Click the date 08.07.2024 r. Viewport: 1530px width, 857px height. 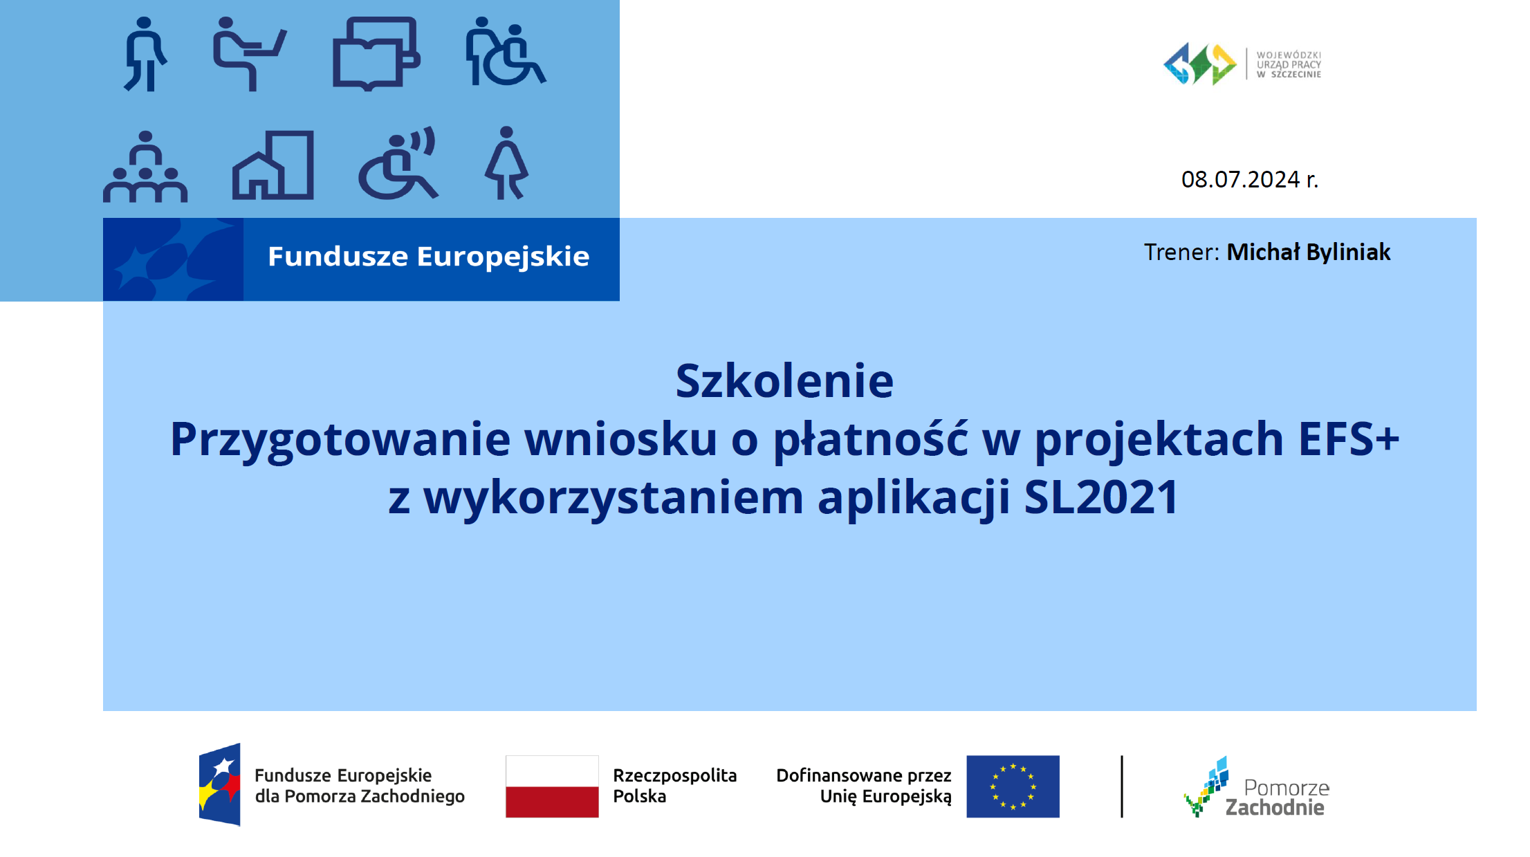(x=1250, y=180)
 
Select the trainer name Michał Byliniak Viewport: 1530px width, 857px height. (x=1308, y=252)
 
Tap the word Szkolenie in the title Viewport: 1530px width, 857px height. (x=784, y=381)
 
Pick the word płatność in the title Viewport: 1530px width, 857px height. (x=870, y=440)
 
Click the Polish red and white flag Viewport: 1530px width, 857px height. (x=552, y=786)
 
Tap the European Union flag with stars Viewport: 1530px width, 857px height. (x=1013, y=786)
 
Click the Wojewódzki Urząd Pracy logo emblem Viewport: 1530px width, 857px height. (x=1200, y=64)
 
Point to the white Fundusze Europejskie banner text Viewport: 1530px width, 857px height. (x=429, y=257)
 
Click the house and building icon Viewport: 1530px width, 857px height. (x=273, y=165)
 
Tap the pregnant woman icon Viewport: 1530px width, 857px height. (x=507, y=163)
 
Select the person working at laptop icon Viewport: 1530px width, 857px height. (x=249, y=54)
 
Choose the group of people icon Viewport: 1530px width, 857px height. (x=145, y=167)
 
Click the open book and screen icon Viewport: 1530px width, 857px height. (x=376, y=54)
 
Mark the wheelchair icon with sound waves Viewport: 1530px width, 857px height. (x=398, y=163)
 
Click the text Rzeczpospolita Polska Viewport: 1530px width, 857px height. (x=675, y=786)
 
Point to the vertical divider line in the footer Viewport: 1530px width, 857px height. (x=1122, y=786)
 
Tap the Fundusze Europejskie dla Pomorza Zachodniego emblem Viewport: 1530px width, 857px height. (x=220, y=785)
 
